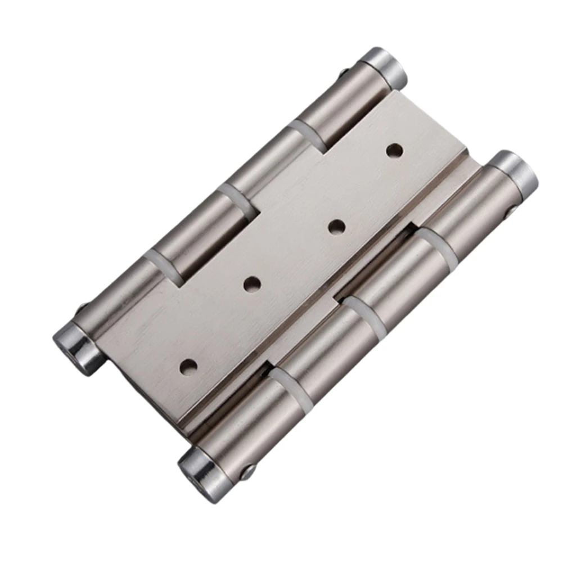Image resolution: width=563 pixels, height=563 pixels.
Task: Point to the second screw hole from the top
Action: tap(336, 227)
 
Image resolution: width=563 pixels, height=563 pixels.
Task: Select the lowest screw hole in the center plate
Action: tap(187, 366)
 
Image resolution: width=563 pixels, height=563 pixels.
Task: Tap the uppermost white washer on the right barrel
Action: tap(436, 244)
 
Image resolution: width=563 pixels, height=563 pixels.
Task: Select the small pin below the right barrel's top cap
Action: tap(511, 212)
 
